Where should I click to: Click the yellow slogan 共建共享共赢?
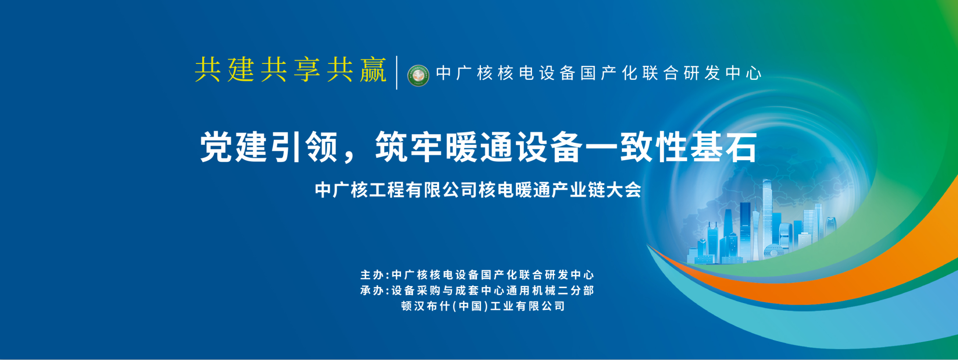291,69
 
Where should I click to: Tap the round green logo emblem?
418,75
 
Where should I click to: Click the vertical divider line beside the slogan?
397,72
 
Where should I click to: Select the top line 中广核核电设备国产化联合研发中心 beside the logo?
599,73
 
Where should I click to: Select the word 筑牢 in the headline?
409,147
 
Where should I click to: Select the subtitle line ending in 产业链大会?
478,190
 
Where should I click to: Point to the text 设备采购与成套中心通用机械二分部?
493,291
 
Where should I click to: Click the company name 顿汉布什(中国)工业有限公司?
483,306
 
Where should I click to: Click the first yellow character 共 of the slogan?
208,69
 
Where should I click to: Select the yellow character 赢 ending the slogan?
374,69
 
